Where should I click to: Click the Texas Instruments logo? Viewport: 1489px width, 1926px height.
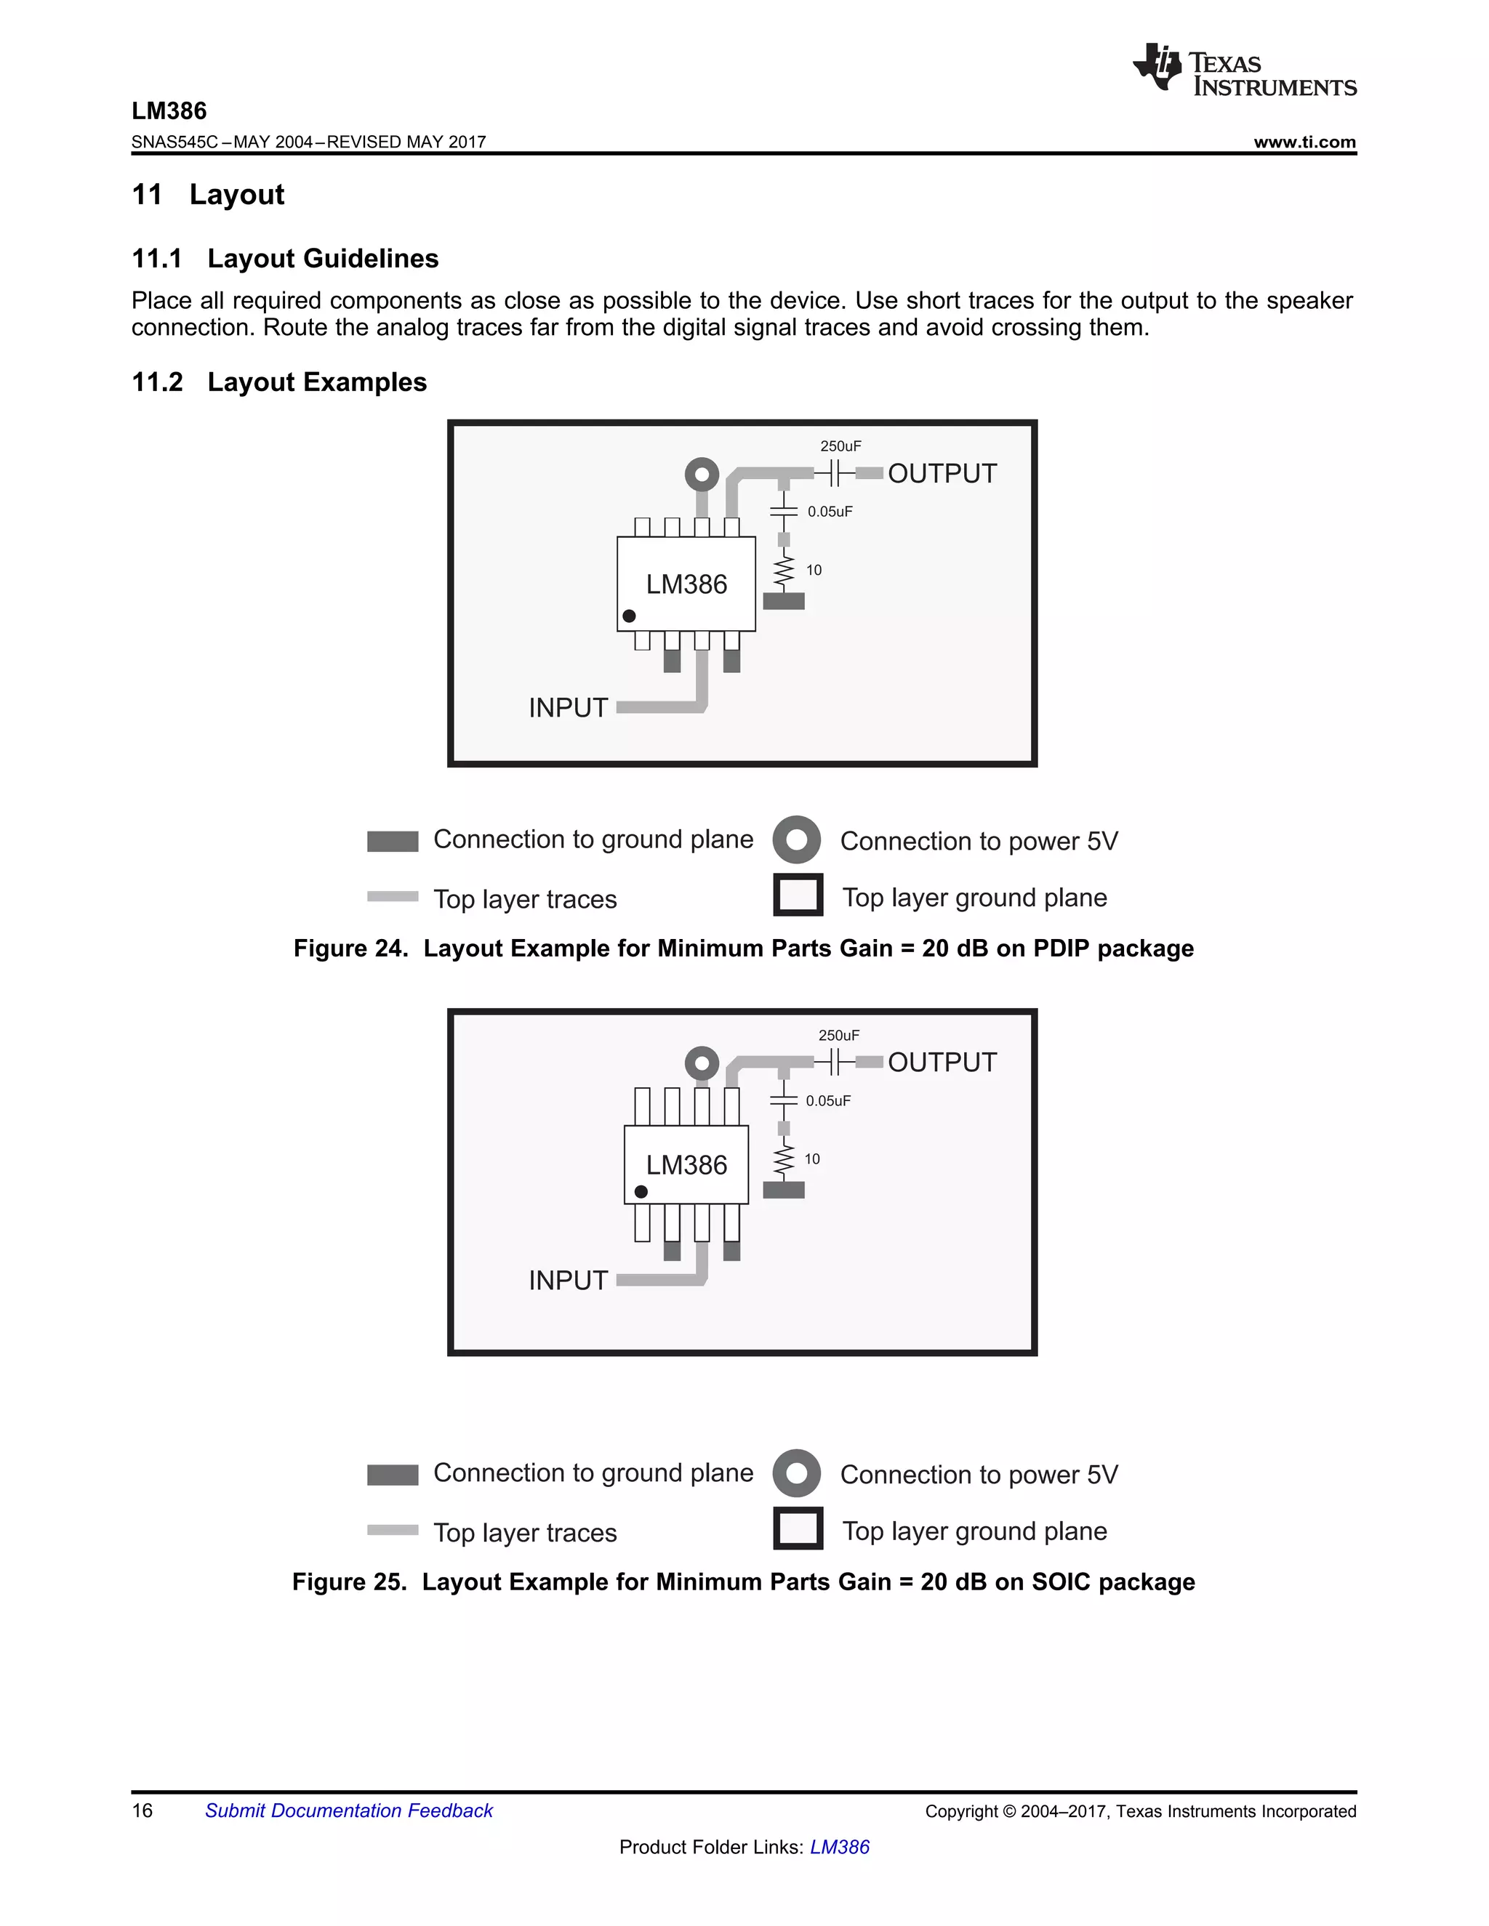pyautogui.click(x=1244, y=69)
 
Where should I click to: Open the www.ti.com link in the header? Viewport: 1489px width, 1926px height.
pyautogui.click(x=1304, y=142)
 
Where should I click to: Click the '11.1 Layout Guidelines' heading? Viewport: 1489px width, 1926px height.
pyautogui.click(x=285, y=259)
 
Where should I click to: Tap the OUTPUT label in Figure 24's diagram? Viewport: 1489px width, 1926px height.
pyautogui.click(x=942, y=474)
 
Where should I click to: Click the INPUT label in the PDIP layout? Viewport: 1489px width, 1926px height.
pyautogui.click(x=568, y=707)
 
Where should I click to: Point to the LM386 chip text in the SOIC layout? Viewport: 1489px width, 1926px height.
pyautogui.click(x=686, y=1165)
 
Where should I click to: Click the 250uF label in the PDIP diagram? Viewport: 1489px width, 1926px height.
pyautogui.click(x=840, y=446)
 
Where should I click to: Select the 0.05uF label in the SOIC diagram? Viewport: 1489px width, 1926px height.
pyautogui.click(x=827, y=1100)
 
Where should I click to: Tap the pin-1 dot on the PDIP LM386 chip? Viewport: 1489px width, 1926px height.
pyautogui.click(x=629, y=616)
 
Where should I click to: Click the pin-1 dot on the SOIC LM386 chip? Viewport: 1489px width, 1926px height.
pyautogui.click(x=641, y=1191)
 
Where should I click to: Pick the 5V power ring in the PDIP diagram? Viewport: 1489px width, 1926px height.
pyautogui.click(x=702, y=475)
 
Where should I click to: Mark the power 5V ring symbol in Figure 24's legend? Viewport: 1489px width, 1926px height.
pyautogui.click(x=797, y=839)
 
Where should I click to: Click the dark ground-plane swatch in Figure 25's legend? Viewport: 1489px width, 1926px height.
pyautogui.click(x=393, y=1475)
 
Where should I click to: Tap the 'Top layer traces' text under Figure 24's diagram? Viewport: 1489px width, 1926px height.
pyautogui.click(x=525, y=900)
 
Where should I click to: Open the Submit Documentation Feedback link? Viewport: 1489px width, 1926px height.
pyautogui.click(x=348, y=1810)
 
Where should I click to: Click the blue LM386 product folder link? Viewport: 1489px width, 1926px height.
pyautogui.click(x=839, y=1847)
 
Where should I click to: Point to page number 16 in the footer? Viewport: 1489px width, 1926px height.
pyautogui.click(x=142, y=1810)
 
